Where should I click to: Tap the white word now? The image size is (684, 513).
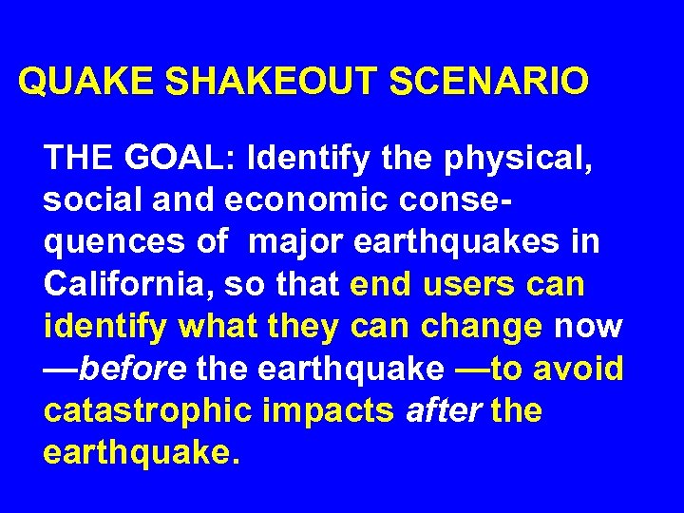(x=588, y=327)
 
